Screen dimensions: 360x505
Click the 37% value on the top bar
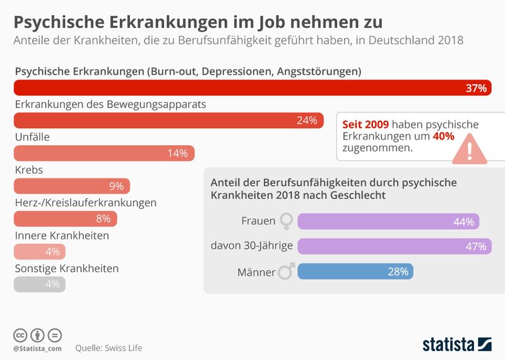point(475,88)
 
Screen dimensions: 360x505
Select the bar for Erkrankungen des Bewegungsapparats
point(168,121)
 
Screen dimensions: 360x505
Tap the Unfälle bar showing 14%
point(104,153)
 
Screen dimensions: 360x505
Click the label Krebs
point(28,170)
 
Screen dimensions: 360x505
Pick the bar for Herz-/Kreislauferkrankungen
point(65,219)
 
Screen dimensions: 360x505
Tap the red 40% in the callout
point(443,136)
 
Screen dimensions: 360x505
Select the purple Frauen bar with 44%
point(388,222)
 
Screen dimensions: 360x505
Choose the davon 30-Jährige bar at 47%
point(394,246)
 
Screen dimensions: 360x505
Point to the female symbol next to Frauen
point(287,222)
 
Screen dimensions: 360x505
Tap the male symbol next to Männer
point(287,272)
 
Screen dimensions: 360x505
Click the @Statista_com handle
point(37,348)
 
